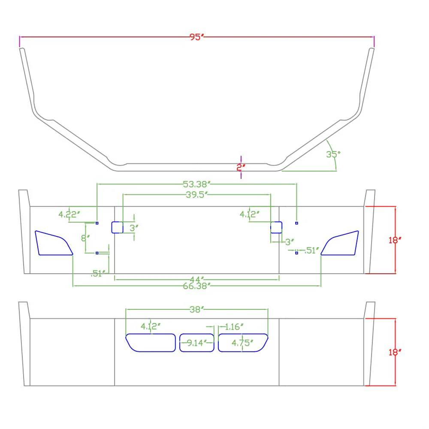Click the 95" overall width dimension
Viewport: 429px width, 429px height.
click(x=197, y=37)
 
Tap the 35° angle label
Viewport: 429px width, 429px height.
click(x=333, y=154)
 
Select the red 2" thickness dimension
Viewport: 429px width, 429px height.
click(x=241, y=167)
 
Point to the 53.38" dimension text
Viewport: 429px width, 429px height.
click(x=197, y=184)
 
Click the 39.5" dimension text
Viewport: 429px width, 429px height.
click(x=197, y=195)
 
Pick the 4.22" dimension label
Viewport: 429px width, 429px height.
click(x=69, y=214)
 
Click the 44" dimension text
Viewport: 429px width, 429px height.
click(x=197, y=280)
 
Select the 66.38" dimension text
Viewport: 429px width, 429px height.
click(x=197, y=286)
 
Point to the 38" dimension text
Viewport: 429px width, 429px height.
click(x=197, y=309)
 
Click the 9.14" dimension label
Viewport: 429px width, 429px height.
click(x=197, y=343)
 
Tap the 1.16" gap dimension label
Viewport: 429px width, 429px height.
click(x=234, y=326)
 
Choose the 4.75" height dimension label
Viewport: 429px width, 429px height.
click(x=242, y=343)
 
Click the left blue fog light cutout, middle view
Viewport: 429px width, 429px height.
click(x=54, y=243)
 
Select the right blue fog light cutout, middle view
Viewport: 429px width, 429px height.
click(x=339, y=243)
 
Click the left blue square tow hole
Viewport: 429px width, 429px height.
click(x=118, y=227)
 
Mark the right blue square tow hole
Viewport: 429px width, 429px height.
click(x=276, y=227)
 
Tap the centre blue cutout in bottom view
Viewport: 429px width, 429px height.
click(x=197, y=342)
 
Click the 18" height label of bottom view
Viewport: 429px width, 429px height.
click(x=395, y=352)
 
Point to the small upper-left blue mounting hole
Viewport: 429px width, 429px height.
click(x=97, y=223)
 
